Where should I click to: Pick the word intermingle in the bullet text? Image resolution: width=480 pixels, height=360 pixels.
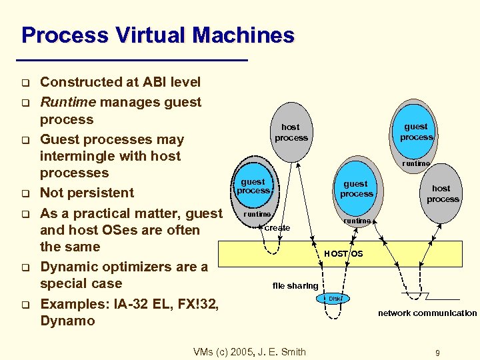pyautogui.click(x=74, y=156)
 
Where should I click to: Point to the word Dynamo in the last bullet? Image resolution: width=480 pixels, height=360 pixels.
pyautogui.click(x=67, y=321)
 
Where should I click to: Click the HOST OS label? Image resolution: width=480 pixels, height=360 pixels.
pyautogui.click(x=343, y=253)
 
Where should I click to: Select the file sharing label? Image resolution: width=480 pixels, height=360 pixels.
pyautogui.click(x=295, y=286)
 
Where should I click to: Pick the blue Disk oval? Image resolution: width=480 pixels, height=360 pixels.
pyautogui.click(x=334, y=299)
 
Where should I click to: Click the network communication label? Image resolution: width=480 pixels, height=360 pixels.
pyautogui.click(x=427, y=313)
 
